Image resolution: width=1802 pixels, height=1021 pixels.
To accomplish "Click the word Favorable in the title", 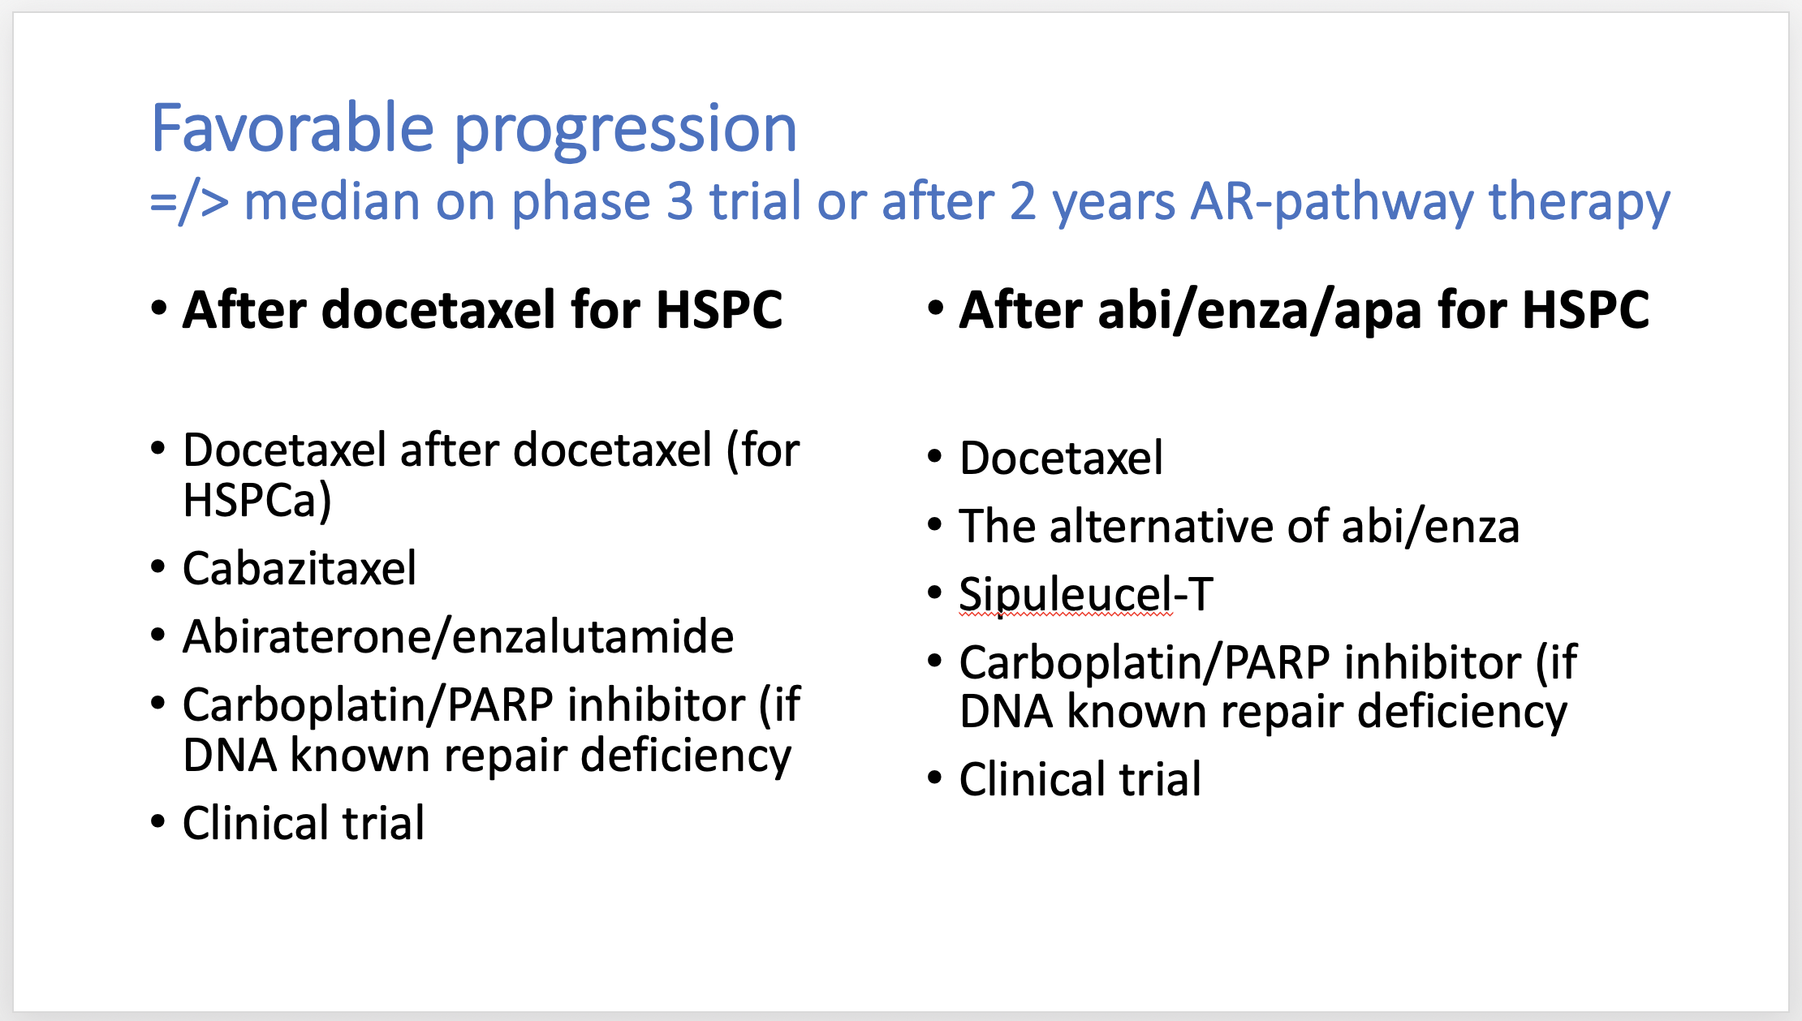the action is click(293, 127).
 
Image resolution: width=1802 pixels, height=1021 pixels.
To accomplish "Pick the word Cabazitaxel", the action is click(300, 568).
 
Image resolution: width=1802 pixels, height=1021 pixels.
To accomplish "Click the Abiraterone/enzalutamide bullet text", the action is click(459, 636).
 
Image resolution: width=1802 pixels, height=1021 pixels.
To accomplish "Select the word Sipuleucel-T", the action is click(1086, 594).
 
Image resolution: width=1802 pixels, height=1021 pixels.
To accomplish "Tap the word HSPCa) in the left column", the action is click(258, 500).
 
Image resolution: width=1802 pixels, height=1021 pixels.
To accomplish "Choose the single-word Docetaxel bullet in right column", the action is click(1062, 458).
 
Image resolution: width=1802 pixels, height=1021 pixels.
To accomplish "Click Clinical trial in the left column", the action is click(304, 823).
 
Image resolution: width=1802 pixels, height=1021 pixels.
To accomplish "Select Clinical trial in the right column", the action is click(1080, 779).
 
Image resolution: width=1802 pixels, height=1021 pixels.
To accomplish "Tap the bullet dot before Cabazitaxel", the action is click(158, 567).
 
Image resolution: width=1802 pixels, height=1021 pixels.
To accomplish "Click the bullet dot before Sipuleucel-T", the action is click(935, 593).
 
